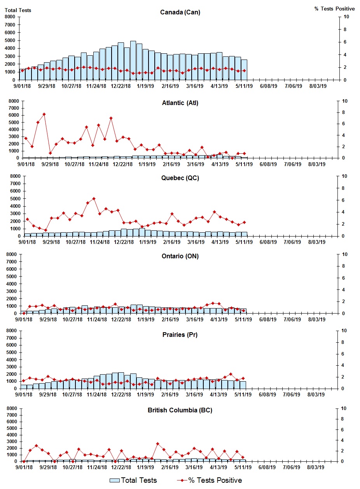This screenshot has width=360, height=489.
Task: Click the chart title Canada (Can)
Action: pyautogui.click(x=180, y=12)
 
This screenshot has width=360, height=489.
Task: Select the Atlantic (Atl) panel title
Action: pyautogui.click(x=180, y=103)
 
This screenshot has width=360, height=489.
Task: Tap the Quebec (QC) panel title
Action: pyautogui.click(x=180, y=178)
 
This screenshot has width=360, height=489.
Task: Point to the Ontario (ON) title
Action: pyautogui.click(x=180, y=256)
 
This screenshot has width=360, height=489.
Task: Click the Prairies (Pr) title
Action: pyautogui.click(x=180, y=335)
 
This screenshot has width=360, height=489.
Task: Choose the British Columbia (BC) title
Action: pyautogui.click(x=180, y=410)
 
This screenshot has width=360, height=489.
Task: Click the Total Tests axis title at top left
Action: pyautogui.click(x=18, y=10)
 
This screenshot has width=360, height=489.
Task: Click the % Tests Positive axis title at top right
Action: pyautogui.click(x=334, y=9)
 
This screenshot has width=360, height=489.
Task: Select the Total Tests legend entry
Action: pyautogui.click(x=133, y=480)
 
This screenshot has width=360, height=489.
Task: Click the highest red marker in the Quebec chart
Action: pyautogui.click(x=94, y=199)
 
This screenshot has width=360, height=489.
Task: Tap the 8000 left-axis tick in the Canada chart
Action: pyautogui.click(x=10, y=17)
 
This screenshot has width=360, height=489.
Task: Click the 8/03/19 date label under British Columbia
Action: pyautogui.click(x=317, y=467)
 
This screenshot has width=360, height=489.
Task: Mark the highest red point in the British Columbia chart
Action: pyautogui.click(x=157, y=443)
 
